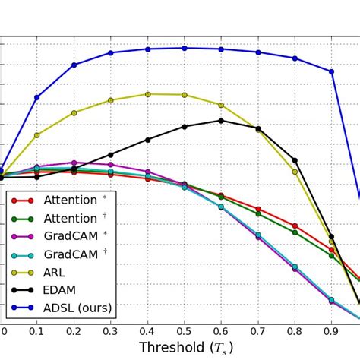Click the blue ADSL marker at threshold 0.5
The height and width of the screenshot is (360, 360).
pyautogui.click(x=185, y=48)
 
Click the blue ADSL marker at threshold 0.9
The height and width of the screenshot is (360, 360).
pyautogui.click(x=331, y=71)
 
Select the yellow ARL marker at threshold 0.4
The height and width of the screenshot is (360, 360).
pyautogui.click(x=147, y=94)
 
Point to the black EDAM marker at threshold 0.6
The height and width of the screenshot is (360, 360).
pyautogui.click(x=221, y=120)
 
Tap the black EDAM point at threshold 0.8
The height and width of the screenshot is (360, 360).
pyautogui.click(x=295, y=160)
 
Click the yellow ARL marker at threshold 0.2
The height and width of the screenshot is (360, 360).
pyautogui.click(x=74, y=112)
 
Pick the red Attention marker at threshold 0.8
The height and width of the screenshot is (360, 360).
pyautogui.click(x=295, y=226)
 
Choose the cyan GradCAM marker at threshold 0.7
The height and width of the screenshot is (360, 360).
pyautogui.click(x=258, y=235)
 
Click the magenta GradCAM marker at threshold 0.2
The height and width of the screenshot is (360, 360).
pyautogui.click(x=74, y=163)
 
